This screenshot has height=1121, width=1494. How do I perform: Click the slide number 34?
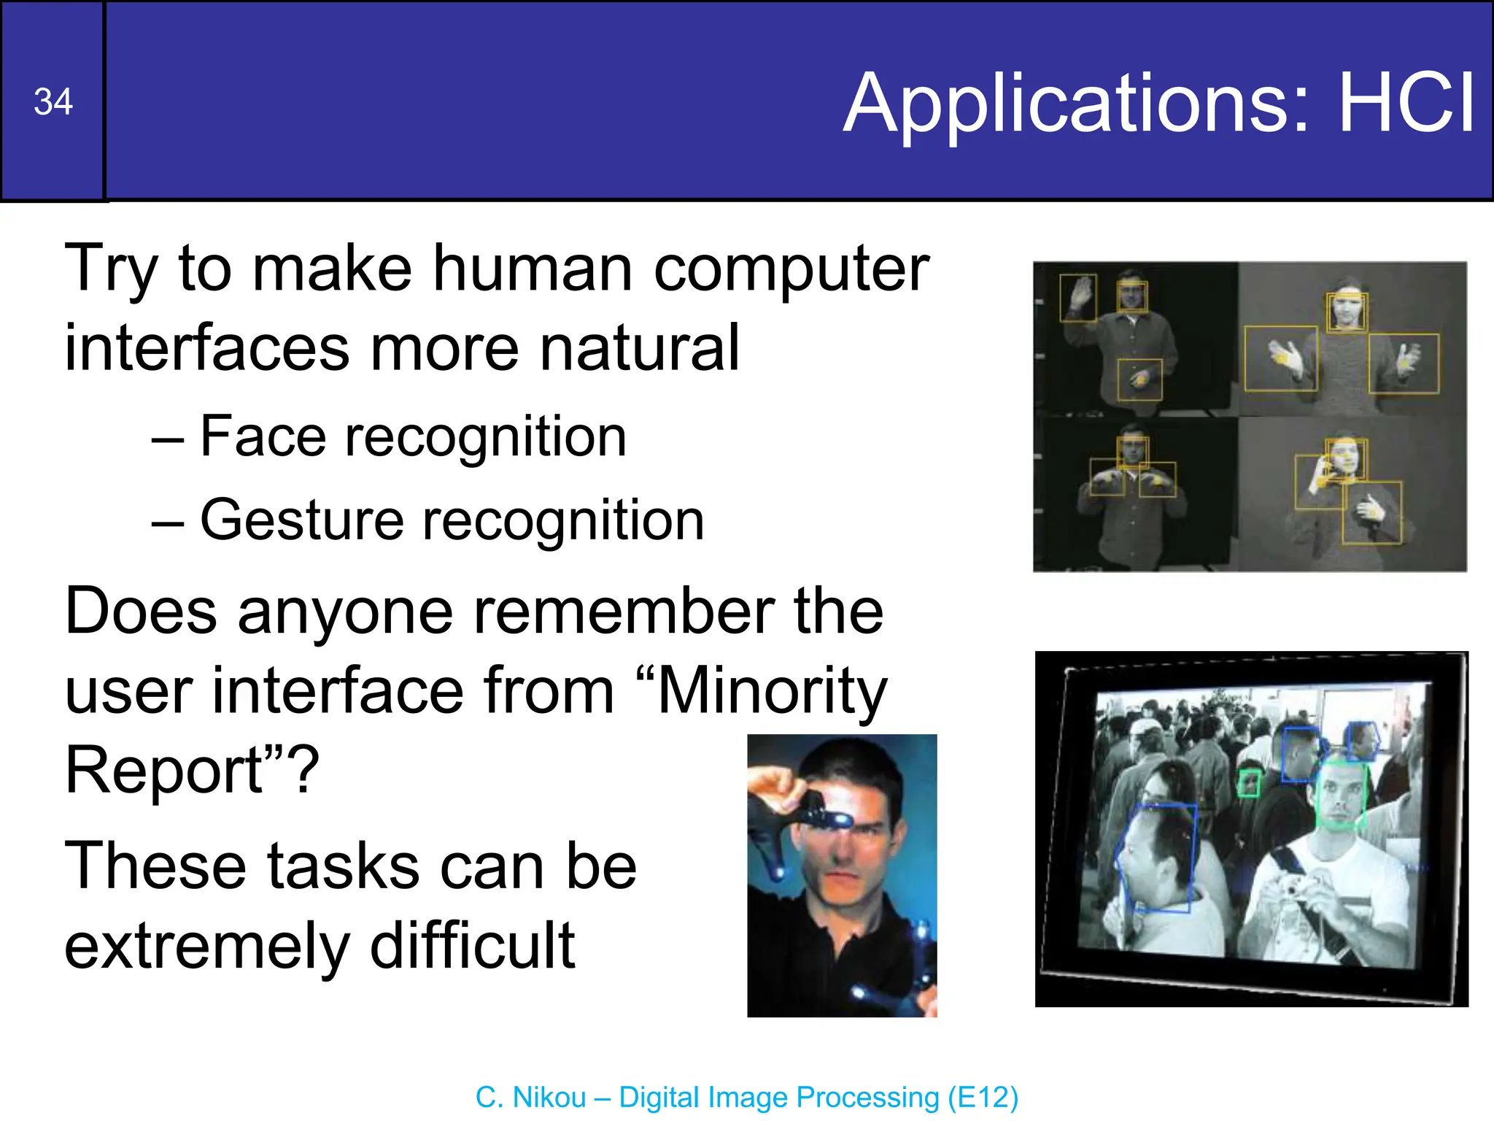pyautogui.click(x=53, y=102)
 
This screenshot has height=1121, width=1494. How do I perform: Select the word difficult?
pyautogui.click(x=473, y=946)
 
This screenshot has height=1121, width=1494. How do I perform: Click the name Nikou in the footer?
pyautogui.click(x=549, y=1098)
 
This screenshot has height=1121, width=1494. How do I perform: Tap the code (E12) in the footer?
pyautogui.click(x=983, y=1098)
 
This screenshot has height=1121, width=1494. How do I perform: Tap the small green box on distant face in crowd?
pyautogui.click(x=1249, y=783)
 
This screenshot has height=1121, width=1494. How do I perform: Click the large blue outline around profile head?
pyautogui.click(x=1156, y=858)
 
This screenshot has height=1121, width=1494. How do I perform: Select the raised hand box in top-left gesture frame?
pyautogui.click(x=1077, y=297)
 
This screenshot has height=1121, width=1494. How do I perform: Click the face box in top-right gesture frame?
pyautogui.click(x=1347, y=312)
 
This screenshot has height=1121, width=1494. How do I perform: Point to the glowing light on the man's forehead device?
pyautogui.click(x=839, y=821)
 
